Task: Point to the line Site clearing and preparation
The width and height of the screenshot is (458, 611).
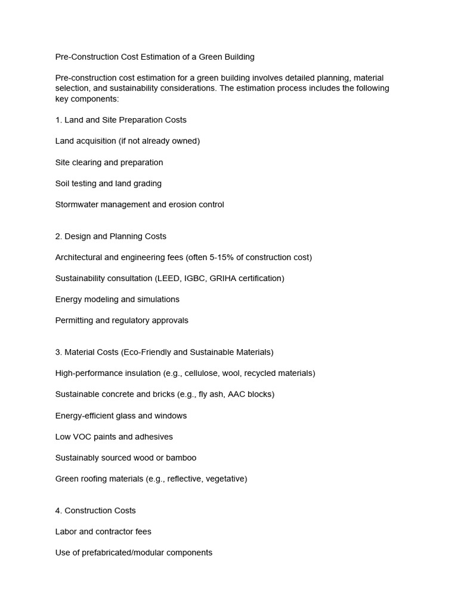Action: coord(109,162)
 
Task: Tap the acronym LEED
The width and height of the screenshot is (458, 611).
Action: coord(170,278)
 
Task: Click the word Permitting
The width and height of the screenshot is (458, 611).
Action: coord(74,320)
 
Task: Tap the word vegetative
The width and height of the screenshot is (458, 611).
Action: coord(225,479)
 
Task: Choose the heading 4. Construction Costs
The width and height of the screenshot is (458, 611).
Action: coord(95,511)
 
